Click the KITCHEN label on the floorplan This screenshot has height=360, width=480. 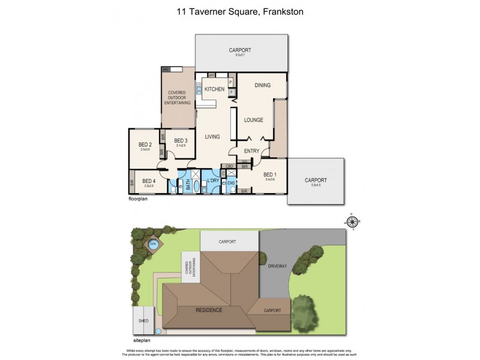214,89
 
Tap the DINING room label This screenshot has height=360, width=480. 263,85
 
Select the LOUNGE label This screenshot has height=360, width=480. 254,120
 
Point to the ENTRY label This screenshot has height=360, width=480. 251,151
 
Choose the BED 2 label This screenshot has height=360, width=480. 145,145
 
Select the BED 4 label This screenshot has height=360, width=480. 149,181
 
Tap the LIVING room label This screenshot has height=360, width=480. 212,137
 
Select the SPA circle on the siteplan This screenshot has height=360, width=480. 152,245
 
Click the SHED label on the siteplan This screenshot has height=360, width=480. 143,320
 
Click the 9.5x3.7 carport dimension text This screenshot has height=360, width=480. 240,55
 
